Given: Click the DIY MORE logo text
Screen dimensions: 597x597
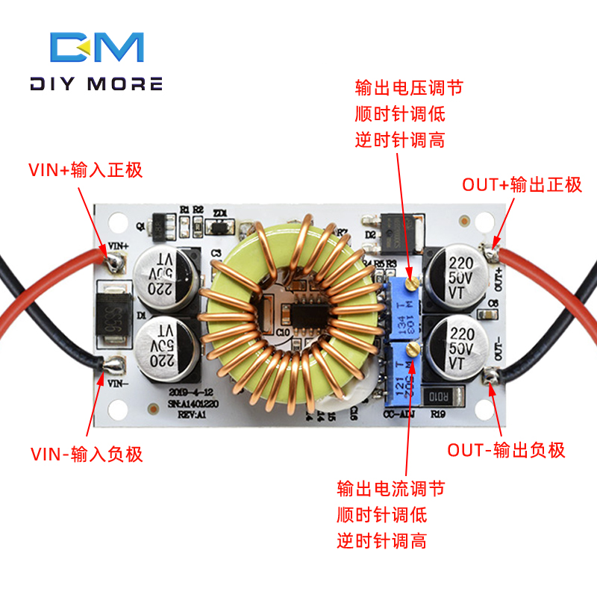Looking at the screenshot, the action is [x=96, y=84].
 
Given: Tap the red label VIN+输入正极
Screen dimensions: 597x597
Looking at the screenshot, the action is [x=85, y=170].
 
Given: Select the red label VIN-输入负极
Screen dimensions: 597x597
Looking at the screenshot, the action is [x=86, y=454].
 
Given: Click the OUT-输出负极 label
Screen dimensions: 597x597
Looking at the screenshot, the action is [x=506, y=450].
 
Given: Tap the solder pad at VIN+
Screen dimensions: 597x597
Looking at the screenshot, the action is [x=115, y=261].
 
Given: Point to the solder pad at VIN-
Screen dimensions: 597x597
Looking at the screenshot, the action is [x=115, y=364].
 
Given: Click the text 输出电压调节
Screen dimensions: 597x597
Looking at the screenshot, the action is [x=409, y=88].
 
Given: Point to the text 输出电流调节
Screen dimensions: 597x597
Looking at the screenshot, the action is [x=390, y=489].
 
